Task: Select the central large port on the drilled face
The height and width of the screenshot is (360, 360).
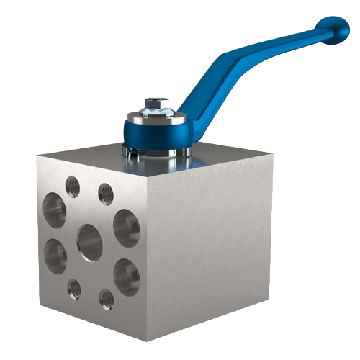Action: point(89,242)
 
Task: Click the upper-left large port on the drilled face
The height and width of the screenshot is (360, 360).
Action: point(55,207)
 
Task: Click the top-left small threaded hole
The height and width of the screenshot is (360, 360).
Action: point(72,185)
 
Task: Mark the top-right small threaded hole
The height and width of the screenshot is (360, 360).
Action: point(105,192)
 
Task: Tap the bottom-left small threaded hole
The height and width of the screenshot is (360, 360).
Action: point(73,287)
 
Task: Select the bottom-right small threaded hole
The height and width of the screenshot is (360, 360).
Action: point(106,297)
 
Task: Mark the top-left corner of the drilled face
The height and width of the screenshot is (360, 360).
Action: point(38,155)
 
